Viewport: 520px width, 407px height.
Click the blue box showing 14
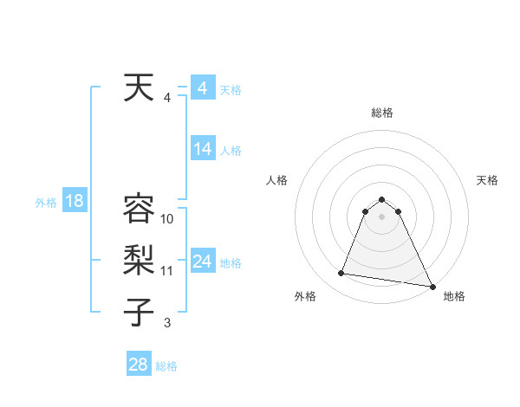pyautogui.click(x=203, y=149)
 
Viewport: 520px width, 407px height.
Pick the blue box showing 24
pyautogui.click(x=203, y=262)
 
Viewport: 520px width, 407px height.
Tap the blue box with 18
pyautogui.click(x=75, y=202)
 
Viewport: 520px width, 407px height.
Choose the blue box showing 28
pyautogui.click(x=139, y=365)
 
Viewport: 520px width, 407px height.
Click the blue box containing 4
pyautogui.click(x=203, y=88)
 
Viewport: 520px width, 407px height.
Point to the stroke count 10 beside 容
pyautogui.click(x=167, y=218)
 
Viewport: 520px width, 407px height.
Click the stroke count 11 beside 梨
pyautogui.click(x=167, y=270)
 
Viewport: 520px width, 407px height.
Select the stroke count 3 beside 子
pyautogui.click(x=167, y=322)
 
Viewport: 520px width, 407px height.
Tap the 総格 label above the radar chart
pyautogui.click(x=381, y=113)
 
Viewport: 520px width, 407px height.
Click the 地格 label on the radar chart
pyautogui.click(x=454, y=297)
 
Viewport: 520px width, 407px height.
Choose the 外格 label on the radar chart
pyautogui.click(x=305, y=297)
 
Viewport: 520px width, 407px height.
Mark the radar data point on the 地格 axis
pyautogui.click(x=432, y=286)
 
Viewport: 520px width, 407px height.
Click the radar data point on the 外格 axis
pyautogui.click(x=341, y=274)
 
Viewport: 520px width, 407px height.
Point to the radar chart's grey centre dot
pyautogui.click(x=381, y=216)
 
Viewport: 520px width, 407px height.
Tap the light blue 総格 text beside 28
pyautogui.click(x=166, y=365)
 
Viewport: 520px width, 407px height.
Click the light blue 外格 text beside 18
pyautogui.click(x=46, y=203)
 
